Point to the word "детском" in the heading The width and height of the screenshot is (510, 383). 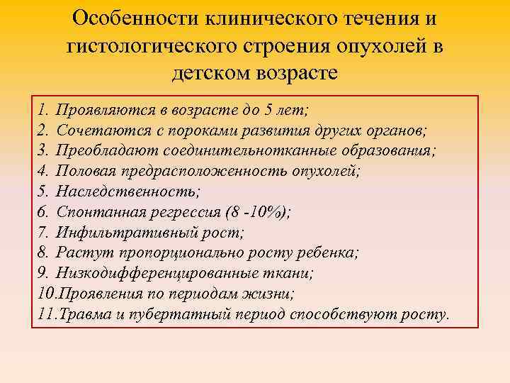click(217, 73)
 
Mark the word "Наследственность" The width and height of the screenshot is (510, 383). click(127, 191)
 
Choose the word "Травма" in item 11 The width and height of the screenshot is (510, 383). click(77, 313)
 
